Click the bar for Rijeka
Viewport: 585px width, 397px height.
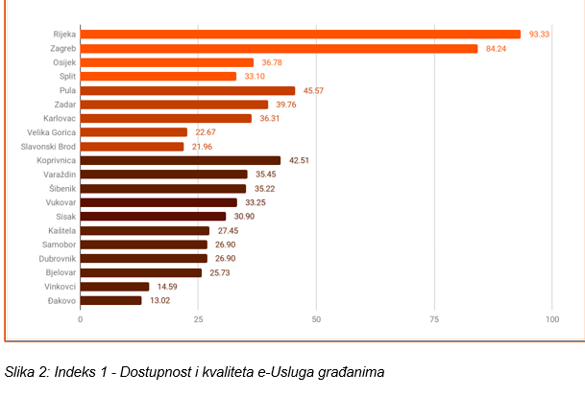tap(300, 35)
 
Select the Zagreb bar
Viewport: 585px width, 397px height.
tap(279, 49)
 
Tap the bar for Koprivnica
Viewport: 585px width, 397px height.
tap(181, 160)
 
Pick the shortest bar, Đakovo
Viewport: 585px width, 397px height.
tap(110, 300)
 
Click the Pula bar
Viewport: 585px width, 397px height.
tap(187, 90)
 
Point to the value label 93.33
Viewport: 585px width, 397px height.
tap(540, 35)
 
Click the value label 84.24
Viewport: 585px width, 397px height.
tap(497, 49)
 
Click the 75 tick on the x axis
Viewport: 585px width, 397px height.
tap(434, 318)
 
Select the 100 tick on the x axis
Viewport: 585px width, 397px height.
tap(552, 318)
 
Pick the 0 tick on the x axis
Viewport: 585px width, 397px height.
tap(81, 318)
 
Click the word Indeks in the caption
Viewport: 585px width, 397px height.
tap(82, 371)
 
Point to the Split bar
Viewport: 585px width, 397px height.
tap(158, 77)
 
